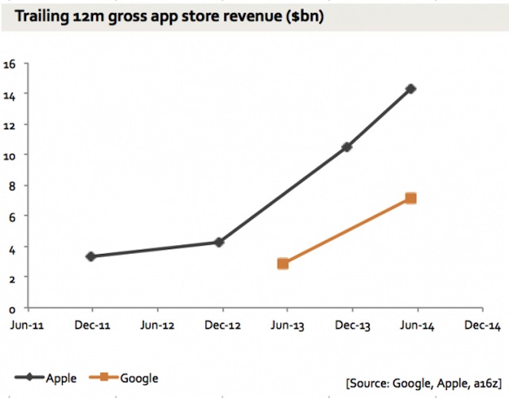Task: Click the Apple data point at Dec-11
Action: pos(91,256)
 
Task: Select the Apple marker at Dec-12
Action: pos(220,242)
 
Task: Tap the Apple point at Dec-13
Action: pos(347,147)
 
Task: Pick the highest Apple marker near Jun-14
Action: pos(410,89)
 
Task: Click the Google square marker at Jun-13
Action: pos(282,263)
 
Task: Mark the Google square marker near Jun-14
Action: pos(410,198)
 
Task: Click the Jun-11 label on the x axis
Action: pos(27,326)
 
